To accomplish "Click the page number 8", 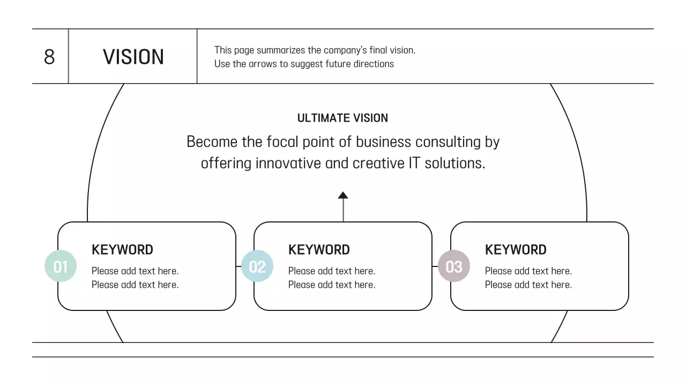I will point(49,57).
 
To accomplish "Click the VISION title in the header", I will point(133,57).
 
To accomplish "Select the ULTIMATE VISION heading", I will point(342,118).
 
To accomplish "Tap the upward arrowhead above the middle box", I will point(343,196).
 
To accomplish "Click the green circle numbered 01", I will point(61,266).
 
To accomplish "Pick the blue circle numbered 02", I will point(257,266).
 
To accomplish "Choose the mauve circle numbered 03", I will point(454,266).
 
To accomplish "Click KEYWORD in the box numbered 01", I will point(122,250).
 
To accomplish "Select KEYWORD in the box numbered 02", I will point(319,250).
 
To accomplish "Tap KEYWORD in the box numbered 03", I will point(516,250).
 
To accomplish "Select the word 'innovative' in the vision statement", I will point(288,163).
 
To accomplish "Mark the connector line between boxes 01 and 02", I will point(238,266).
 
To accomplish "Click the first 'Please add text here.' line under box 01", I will point(135,271).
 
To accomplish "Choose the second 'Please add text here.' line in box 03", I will point(528,285).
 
